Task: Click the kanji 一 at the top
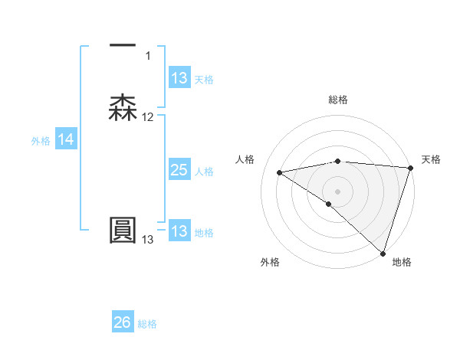tap(123, 46)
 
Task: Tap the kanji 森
tap(123, 108)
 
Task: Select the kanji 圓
tap(123, 231)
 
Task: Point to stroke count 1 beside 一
tap(148, 56)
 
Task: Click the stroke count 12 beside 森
tap(148, 117)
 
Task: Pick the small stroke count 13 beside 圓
tap(147, 240)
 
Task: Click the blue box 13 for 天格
tap(179, 78)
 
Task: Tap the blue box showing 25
tap(179, 170)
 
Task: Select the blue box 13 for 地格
tap(179, 231)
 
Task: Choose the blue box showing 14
tap(66, 139)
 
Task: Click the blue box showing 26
tap(123, 322)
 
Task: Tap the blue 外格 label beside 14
tap(41, 140)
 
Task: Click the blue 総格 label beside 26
tap(147, 324)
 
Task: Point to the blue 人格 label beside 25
tap(205, 172)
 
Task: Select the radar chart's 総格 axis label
tap(338, 100)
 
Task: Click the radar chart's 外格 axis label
tap(270, 262)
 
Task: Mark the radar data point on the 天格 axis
tap(411, 169)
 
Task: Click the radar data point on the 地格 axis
tap(383, 253)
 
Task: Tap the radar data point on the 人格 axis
tap(280, 172)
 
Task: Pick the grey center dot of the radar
tap(338, 191)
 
